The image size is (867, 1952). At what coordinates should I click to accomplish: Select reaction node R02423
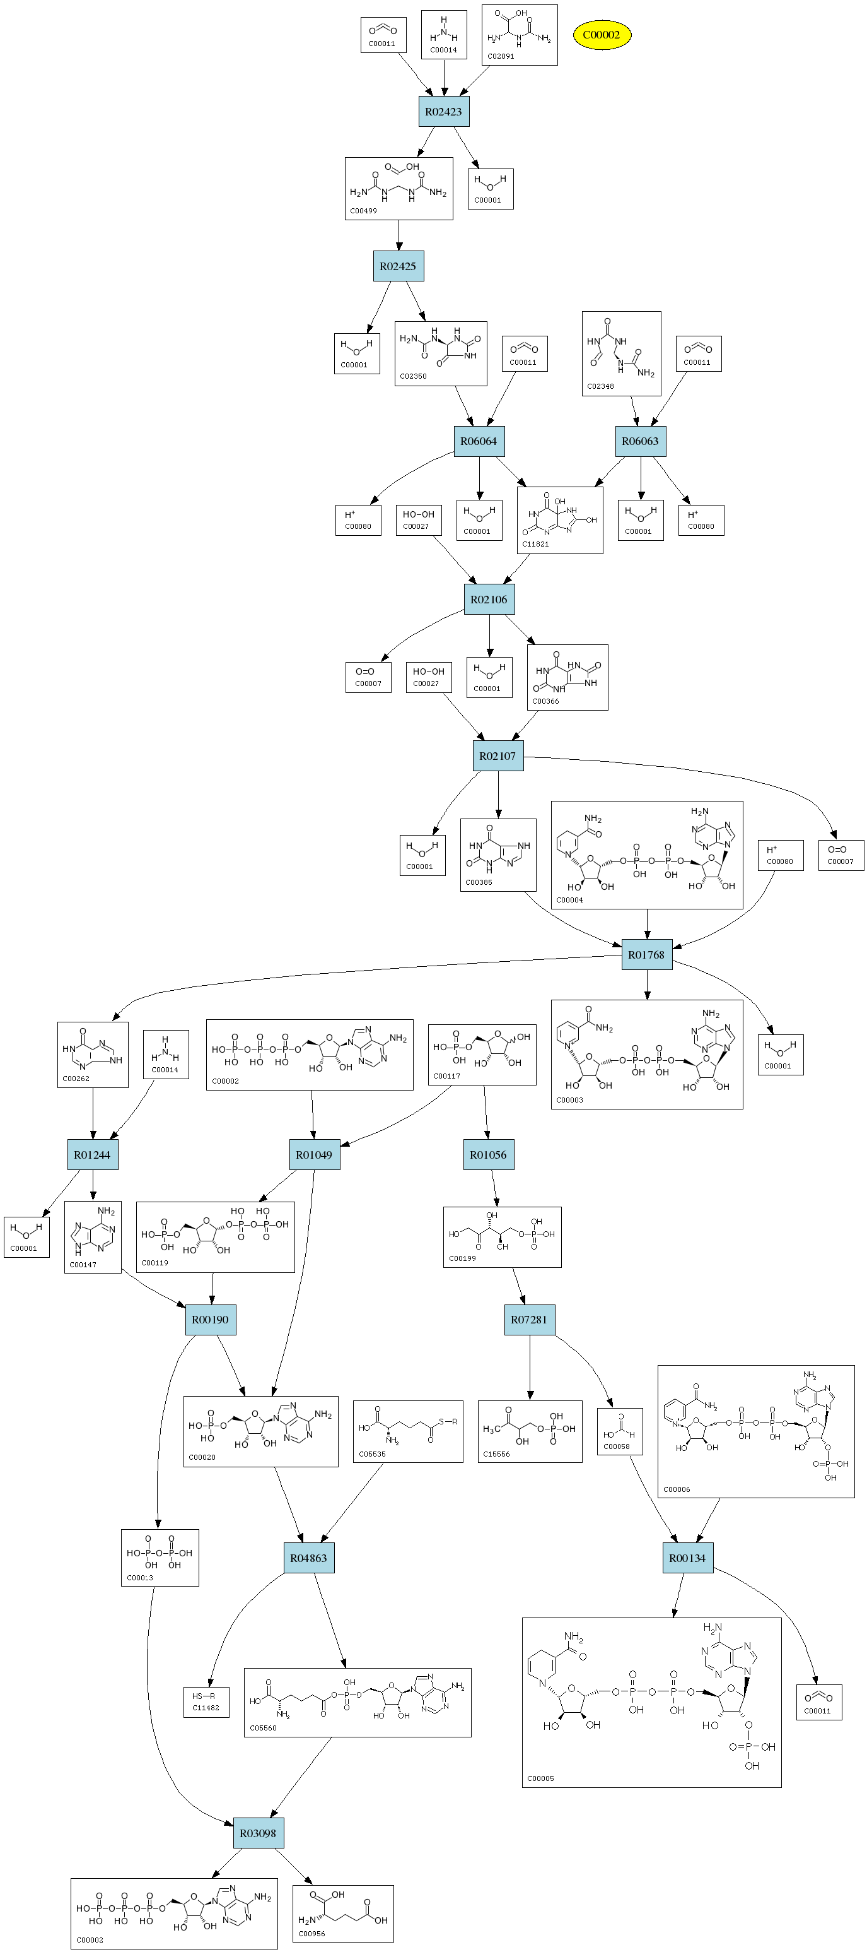click(444, 112)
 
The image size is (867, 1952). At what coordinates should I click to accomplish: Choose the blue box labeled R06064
click(479, 441)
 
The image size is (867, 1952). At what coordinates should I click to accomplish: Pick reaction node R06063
click(640, 441)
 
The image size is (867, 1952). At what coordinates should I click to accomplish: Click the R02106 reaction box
click(489, 600)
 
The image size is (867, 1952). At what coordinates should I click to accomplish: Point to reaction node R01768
click(646, 955)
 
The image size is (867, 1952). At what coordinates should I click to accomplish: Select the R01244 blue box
click(93, 1155)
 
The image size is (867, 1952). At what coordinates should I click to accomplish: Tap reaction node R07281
click(528, 1319)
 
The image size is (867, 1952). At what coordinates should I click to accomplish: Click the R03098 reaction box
click(258, 1833)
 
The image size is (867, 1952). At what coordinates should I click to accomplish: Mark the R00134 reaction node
click(687, 1558)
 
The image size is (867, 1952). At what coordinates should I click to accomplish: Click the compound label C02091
click(501, 56)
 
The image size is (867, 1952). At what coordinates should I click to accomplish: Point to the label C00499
click(363, 211)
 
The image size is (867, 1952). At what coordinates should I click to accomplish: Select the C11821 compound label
click(535, 544)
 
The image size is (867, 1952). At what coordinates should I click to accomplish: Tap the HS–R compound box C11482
click(206, 1702)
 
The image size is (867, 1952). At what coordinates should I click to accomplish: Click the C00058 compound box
click(619, 1431)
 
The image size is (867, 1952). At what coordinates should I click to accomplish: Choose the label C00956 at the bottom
click(311, 1933)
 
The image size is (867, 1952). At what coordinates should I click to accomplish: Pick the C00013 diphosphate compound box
click(160, 1557)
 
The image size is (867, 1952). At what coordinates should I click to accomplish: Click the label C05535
click(372, 1454)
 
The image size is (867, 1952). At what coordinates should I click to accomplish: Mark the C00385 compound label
click(479, 882)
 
